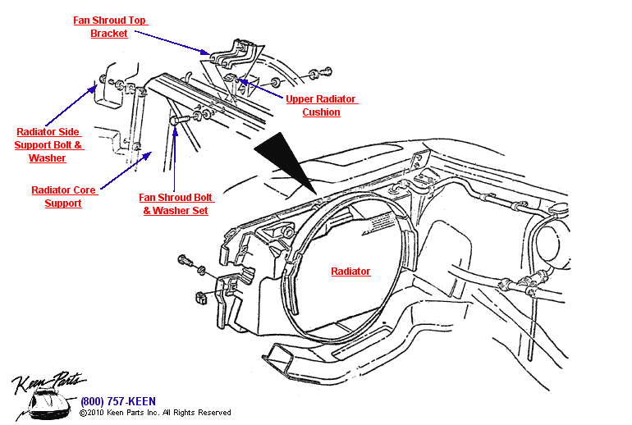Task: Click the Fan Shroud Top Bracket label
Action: pyautogui.click(x=110, y=27)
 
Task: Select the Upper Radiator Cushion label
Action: pyautogui.click(x=321, y=106)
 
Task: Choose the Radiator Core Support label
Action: pyautogui.click(x=64, y=197)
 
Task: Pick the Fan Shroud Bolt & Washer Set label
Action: pyautogui.click(x=176, y=204)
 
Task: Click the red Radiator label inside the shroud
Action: pyautogui.click(x=350, y=272)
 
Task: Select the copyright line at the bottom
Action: pyautogui.click(x=155, y=413)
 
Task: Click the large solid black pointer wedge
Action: pyautogui.click(x=283, y=160)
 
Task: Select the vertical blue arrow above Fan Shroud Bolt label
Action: pyautogui.click(x=175, y=156)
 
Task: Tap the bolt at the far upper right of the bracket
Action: pyautogui.click(x=322, y=74)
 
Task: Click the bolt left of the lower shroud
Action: pyautogui.click(x=185, y=263)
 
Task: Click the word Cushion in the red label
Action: pyautogui.click(x=321, y=112)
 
